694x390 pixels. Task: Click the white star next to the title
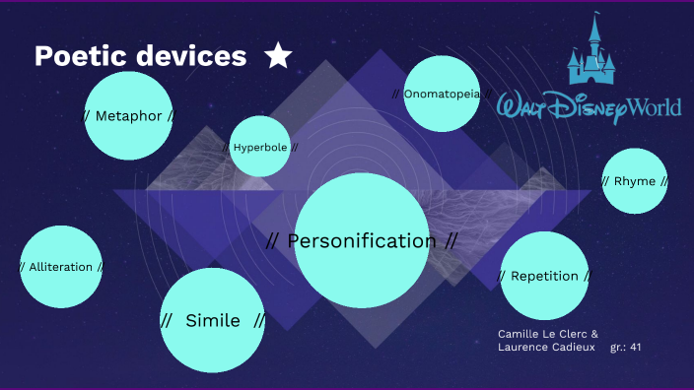point(278,57)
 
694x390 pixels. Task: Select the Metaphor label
point(128,116)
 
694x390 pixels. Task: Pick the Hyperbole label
point(260,148)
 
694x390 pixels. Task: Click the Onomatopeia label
point(442,94)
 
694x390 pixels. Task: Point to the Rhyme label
point(634,181)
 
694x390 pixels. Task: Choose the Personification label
point(361,240)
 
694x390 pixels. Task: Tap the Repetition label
point(544,276)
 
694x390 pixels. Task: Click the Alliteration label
point(61,267)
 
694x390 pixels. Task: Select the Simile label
point(213,320)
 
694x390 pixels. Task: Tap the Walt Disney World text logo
point(590,106)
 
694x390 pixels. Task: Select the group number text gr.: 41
point(626,348)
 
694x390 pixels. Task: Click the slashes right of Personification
point(451,240)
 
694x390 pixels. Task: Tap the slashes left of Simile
point(167,320)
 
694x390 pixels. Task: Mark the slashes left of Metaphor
point(85,116)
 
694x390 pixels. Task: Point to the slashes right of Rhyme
point(664,181)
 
